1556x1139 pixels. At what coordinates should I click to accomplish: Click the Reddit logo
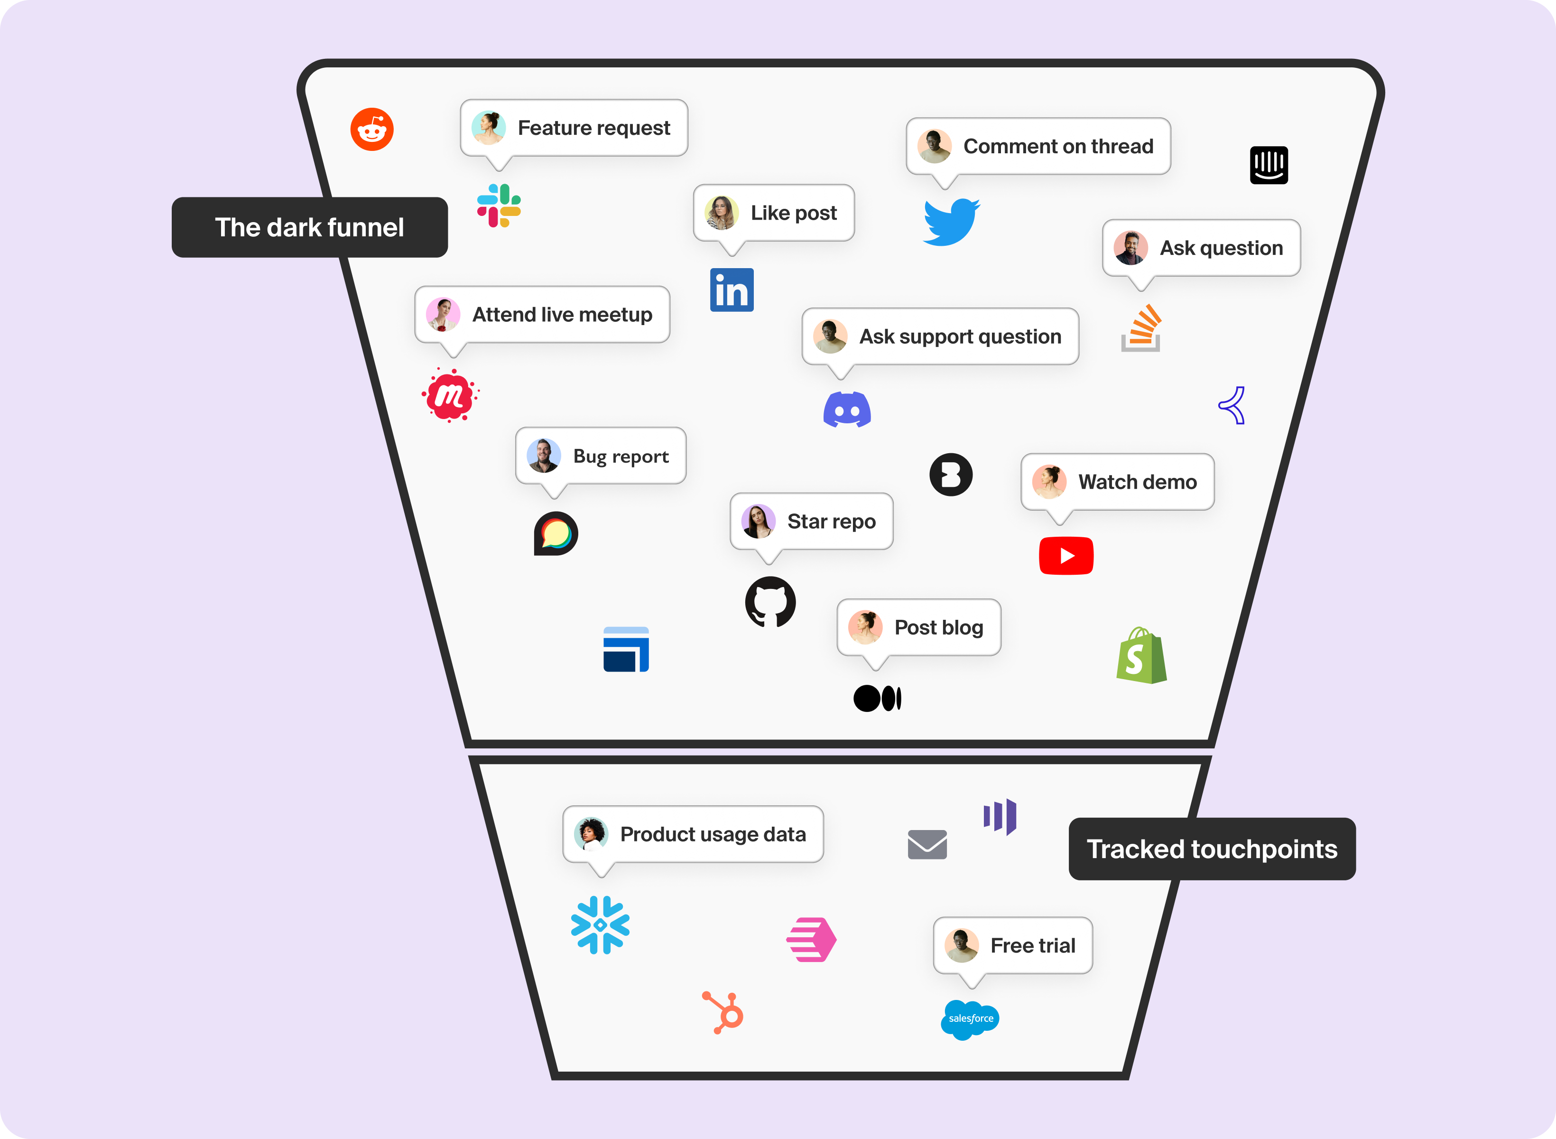371,129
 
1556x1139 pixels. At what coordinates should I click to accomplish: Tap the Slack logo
499,205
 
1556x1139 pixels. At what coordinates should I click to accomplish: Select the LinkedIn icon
732,290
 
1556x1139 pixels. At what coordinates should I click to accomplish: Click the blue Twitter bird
951,222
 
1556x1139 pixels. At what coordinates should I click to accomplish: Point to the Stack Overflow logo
1141,328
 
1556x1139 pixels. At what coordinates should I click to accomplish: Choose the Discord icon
847,410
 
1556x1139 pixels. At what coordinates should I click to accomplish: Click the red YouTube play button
1066,556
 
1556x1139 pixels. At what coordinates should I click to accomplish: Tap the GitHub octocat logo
770,602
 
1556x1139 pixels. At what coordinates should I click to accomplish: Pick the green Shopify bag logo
1141,656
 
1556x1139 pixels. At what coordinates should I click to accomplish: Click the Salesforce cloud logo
970,1019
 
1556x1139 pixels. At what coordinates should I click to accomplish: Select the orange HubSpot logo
723,1013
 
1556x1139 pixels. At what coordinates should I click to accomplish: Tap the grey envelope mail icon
927,845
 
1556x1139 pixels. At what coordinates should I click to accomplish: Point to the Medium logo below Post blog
877,699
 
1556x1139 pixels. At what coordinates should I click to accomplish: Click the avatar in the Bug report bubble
544,456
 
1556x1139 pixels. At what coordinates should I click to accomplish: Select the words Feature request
593,128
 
